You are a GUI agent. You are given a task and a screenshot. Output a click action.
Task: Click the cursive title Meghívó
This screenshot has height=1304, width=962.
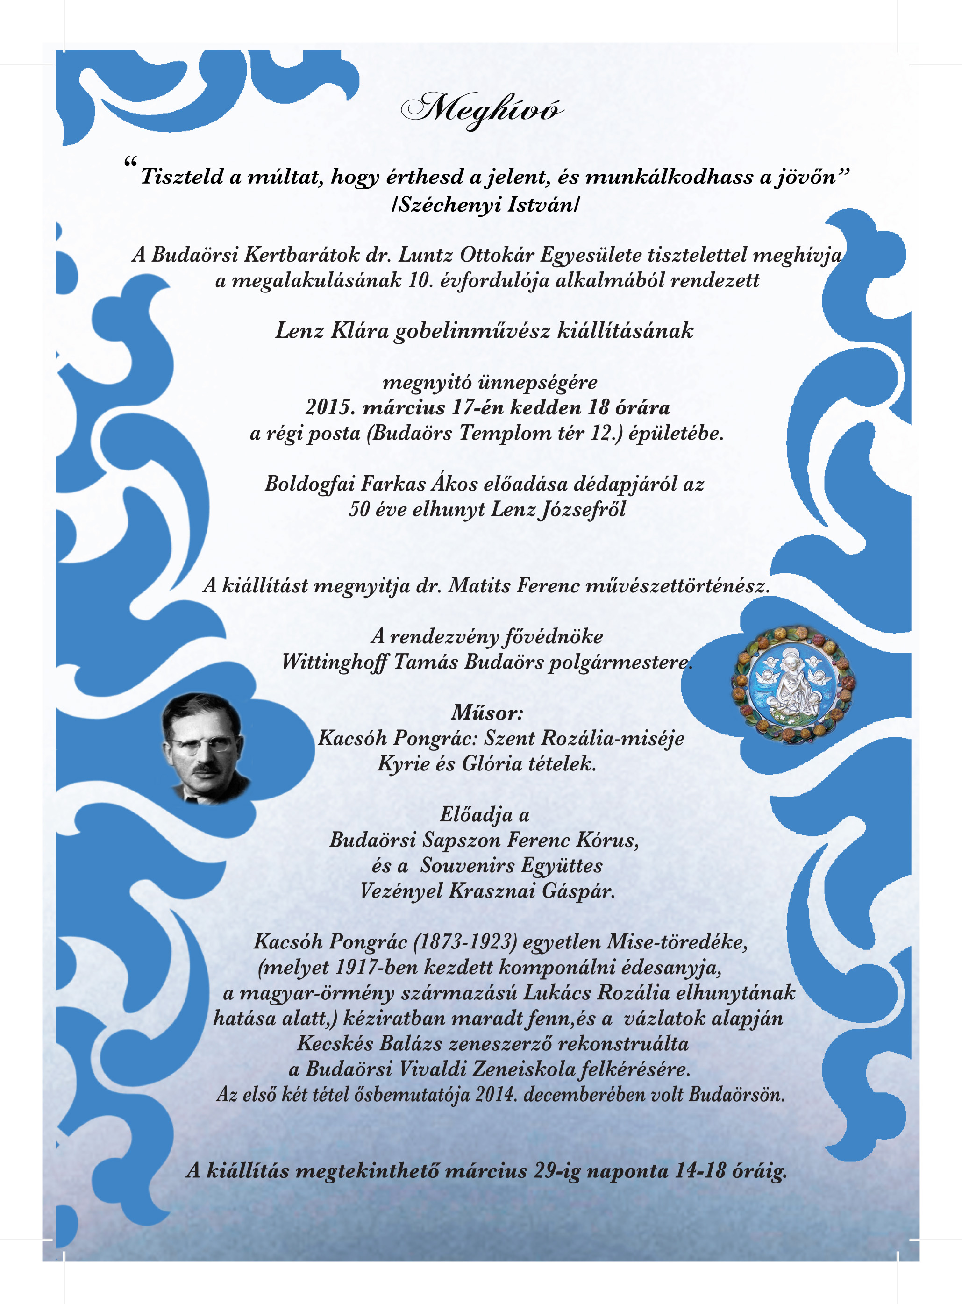tap(482, 109)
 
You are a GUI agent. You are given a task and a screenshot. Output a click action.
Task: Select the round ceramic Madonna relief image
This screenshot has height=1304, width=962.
tap(796, 685)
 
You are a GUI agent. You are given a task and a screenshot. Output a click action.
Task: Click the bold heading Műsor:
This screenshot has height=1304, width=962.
tap(487, 713)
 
